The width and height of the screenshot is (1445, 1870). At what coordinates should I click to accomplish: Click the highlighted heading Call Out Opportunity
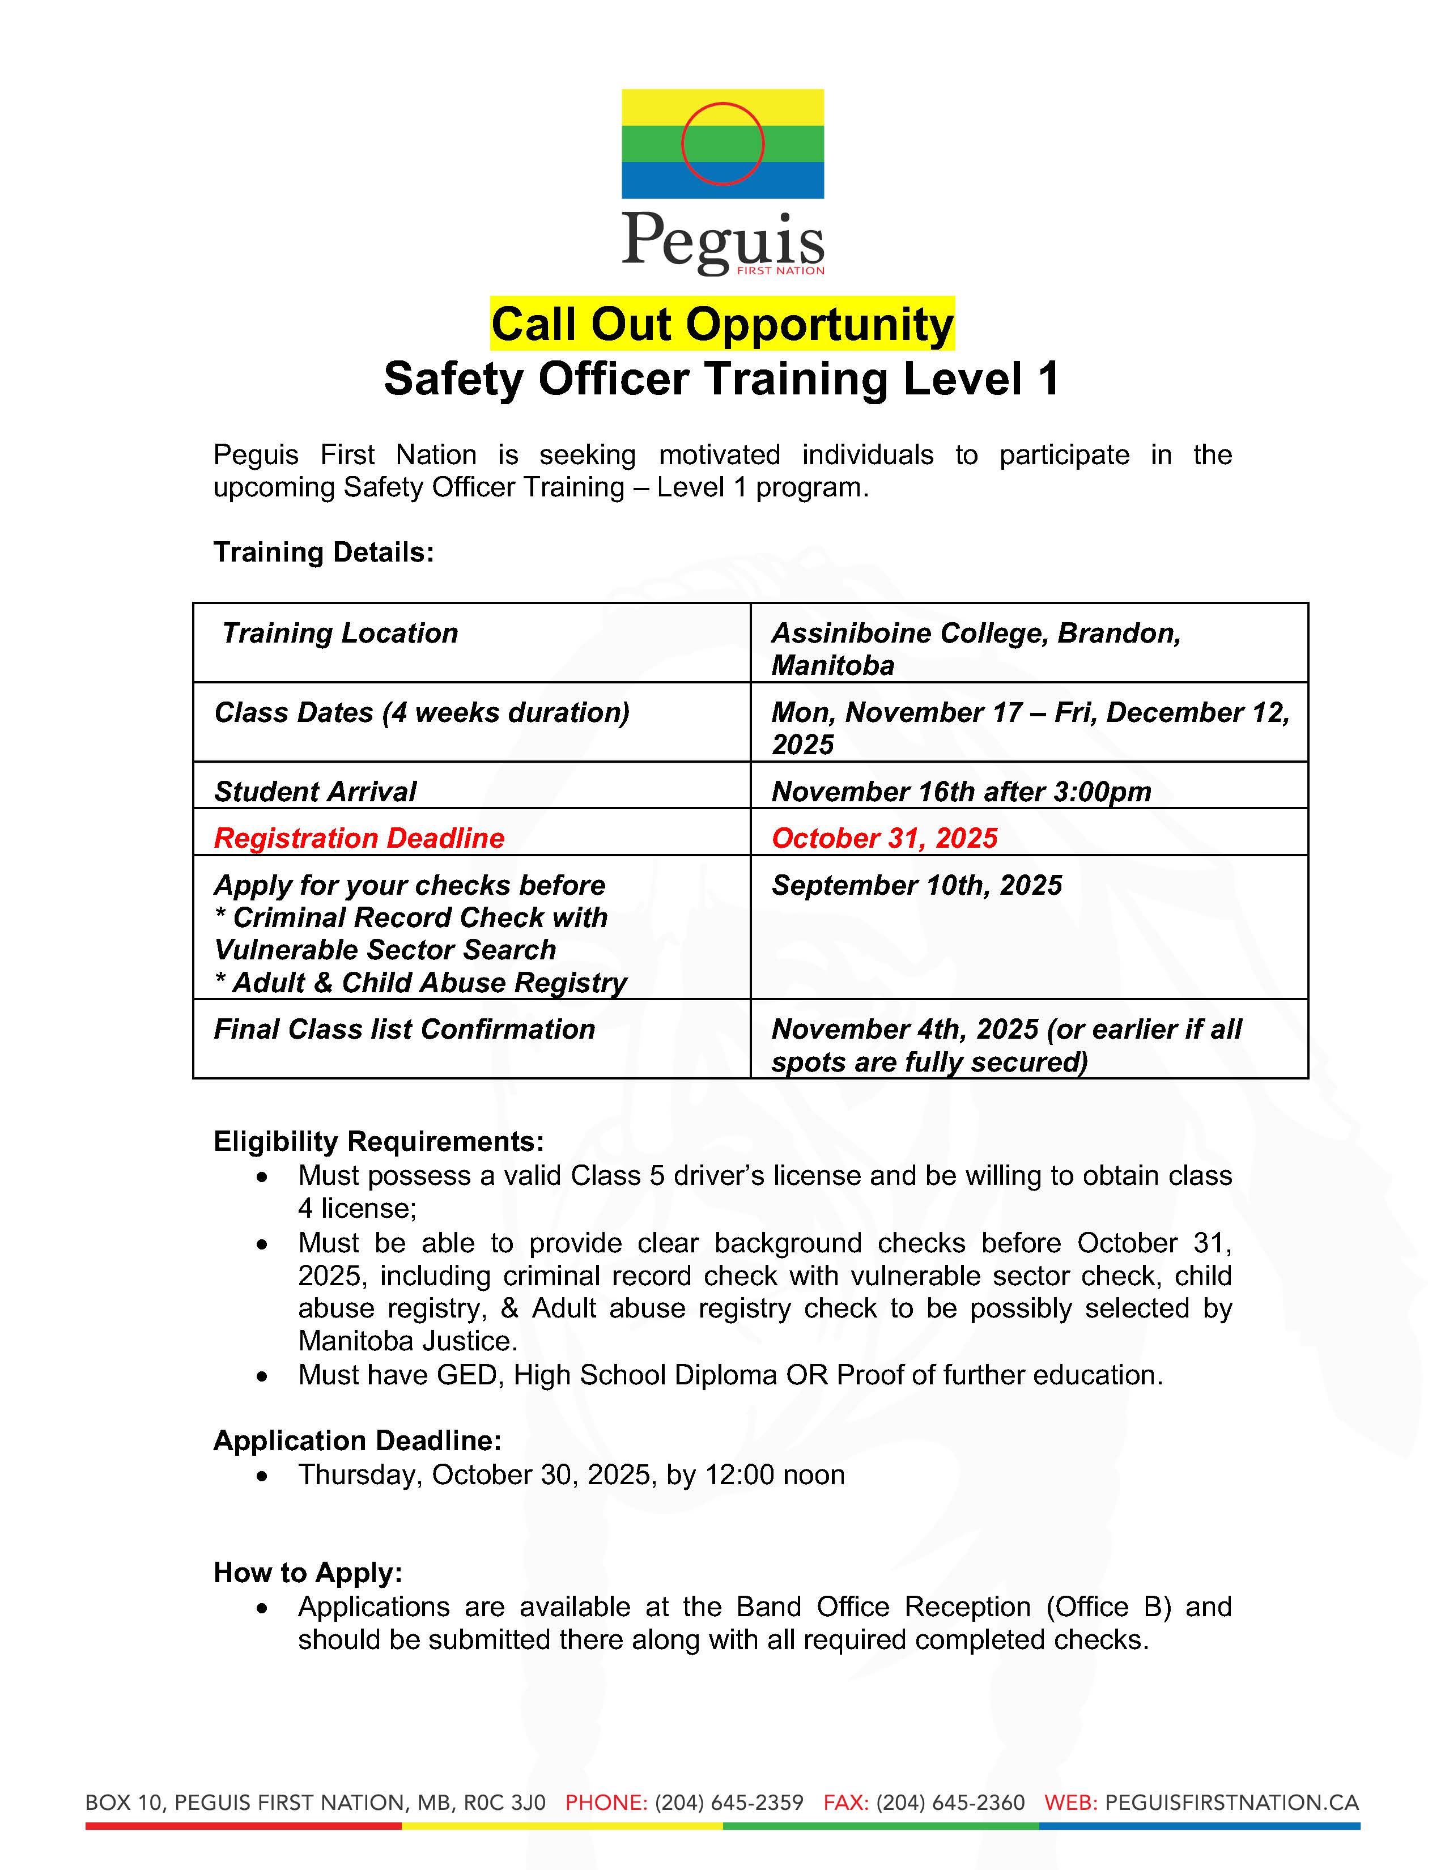721,325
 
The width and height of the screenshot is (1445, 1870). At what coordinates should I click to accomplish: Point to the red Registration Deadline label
359,838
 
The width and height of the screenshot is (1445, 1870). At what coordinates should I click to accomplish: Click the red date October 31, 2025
885,838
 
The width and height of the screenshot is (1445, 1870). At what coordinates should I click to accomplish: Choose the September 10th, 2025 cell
916,885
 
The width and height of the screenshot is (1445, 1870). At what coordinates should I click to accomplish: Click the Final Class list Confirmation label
404,1029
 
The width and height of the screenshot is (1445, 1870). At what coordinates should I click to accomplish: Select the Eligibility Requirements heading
379,1141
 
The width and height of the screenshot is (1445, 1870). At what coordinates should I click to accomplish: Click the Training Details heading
324,552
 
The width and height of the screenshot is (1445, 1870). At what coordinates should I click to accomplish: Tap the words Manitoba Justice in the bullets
407,1341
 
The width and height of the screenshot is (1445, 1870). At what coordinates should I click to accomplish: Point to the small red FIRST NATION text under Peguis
781,270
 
